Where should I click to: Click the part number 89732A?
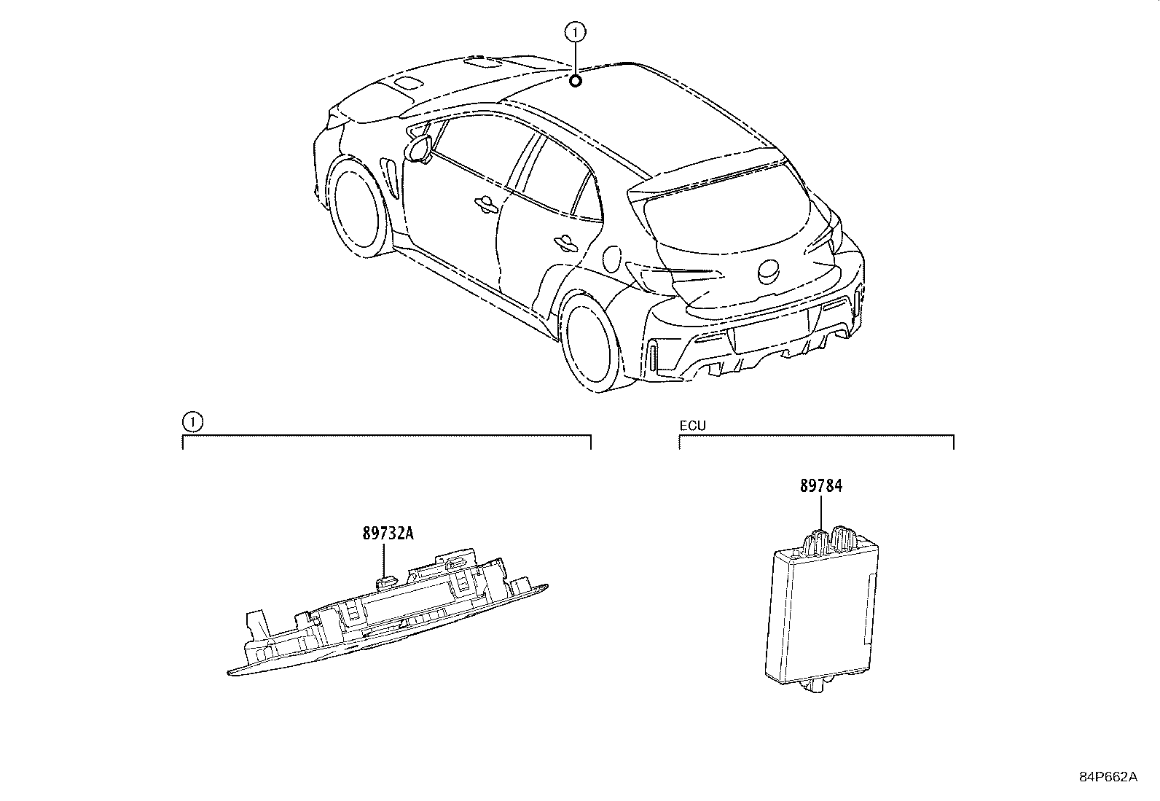(388, 533)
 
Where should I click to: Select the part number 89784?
(820, 485)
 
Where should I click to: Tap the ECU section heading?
(692, 426)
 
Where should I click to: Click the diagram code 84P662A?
(1108, 777)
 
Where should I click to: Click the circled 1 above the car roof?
(575, 32)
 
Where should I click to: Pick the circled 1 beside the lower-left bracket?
(192, 422)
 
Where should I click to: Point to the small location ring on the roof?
(575, 81)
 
